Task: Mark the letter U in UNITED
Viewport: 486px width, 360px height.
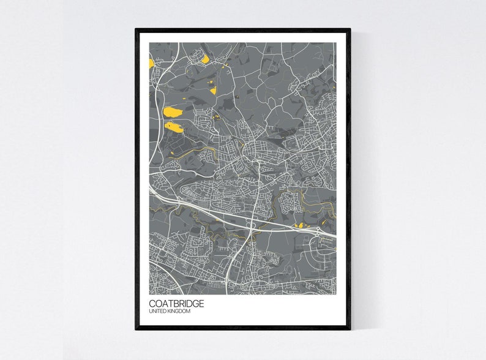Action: (x=151, y=312)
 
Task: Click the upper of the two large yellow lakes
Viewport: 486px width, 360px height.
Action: (x=172, y=112)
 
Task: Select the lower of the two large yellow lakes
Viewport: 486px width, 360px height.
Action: (x=174, y=127)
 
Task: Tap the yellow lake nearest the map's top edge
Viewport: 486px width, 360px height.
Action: (x=205, y=59)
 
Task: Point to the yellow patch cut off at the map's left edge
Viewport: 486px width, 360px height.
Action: (x=151, y=63)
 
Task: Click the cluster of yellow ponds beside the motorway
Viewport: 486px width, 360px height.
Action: (x=301, y=226)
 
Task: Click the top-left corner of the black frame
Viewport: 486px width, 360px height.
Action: (x=136, y=29)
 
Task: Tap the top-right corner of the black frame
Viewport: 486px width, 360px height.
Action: (x=350, y=29)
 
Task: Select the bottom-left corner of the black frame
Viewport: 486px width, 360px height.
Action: (x=136, y=329)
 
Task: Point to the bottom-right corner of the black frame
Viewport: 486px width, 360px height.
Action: (x=350, y=329)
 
